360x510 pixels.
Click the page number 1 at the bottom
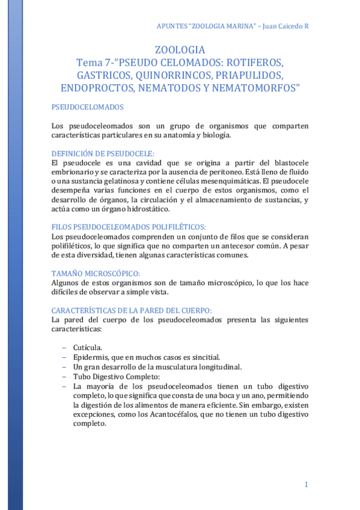point(306,485)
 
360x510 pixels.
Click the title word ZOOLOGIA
point(180,49)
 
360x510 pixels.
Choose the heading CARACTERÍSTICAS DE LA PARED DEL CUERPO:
point(132,310)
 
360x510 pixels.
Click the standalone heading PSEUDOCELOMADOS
point(88,107)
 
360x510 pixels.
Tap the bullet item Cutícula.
point(88,348)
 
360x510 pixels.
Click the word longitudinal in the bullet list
point(218,367)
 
